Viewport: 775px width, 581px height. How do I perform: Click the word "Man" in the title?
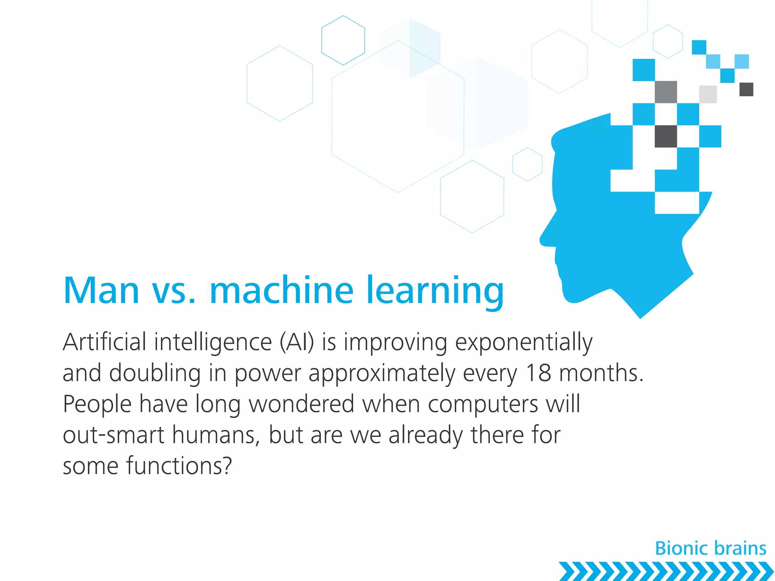pyautogui.click(x=101, y=290)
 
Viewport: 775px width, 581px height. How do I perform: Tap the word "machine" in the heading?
pyautogui.click(x=282, y=290)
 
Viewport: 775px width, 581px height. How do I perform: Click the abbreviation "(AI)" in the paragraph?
pyautogui.click(x=297, y=342)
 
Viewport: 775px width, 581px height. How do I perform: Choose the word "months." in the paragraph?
pyautogui.click(x=601, y=373)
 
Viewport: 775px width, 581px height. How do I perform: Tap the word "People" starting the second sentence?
pyautogui.click(x=97, y=404)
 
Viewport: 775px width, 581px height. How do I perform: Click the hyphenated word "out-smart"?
pyautogui.click(x=114, y=435)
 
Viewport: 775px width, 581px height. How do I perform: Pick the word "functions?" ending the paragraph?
pyautogui.click(x=179, y=466)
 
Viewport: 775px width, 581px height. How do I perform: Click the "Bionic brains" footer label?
pyautogui.click(x=711, y=548)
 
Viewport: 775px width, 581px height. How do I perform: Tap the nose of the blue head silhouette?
pyautogui.click(x=545, y=238)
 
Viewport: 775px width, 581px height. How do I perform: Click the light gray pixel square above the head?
pyautogui.click(x=708, y=94)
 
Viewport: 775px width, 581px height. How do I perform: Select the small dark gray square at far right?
pyautogui.click(x=746, y=90)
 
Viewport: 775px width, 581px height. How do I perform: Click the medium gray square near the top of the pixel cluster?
pyautogui.click(x=666, y=92)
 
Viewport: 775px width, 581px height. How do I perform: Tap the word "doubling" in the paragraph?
pyautogui.click(x=155, y=374)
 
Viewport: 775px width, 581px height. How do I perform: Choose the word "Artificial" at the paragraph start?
pyautogui.click(x=104, y=342)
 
